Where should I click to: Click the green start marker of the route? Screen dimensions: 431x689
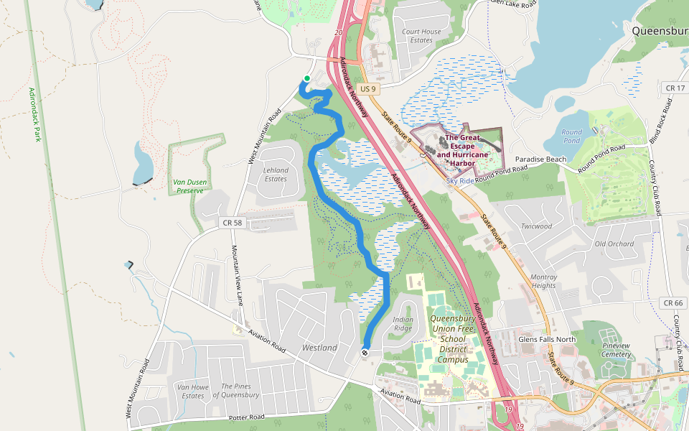coord(307,78)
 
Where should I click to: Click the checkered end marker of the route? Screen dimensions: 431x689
coord(365,352)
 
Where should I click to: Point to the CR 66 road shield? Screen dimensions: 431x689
coord(673,303)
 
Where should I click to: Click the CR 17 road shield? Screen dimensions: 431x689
coord(675,88)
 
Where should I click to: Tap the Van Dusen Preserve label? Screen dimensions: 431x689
coord(190,186)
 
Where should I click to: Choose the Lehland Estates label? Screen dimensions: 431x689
coord(276,175)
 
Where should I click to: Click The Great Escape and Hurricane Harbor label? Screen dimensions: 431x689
coord(462,150)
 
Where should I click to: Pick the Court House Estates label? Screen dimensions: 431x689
coord(421,36)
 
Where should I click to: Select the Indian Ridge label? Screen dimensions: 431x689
coord(403,324)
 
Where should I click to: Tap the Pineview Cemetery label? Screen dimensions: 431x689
coord(615,350)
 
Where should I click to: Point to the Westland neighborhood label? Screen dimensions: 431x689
coord(319,348)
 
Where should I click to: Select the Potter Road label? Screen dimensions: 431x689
coord(248,417)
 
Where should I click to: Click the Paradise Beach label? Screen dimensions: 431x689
coord(541,159)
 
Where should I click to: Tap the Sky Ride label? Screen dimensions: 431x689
coord(459,181)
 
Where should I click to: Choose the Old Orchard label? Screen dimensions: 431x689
coord(614,244)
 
